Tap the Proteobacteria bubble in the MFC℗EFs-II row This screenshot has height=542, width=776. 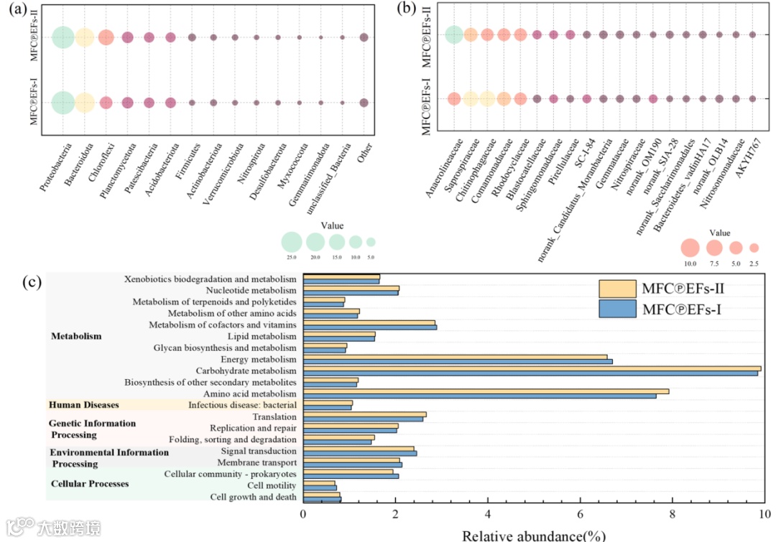pos(63,37)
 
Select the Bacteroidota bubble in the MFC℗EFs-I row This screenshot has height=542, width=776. pos(85,103)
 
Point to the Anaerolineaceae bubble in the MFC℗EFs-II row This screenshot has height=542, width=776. pos(453,34)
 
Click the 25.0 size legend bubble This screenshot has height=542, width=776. pos(291,242)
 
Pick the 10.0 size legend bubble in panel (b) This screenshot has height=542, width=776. pos(690,248)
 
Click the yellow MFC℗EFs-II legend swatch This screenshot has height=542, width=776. pos(617,289)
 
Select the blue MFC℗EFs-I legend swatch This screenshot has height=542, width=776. pos(617,309)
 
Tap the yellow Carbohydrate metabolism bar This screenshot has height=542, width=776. pos(532,368)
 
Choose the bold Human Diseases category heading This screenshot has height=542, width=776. pos(83,405)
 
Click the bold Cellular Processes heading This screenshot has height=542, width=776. pos(89,484)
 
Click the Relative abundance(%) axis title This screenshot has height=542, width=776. pos(533,535)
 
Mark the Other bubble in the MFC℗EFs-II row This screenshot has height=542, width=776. pos(364,37)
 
